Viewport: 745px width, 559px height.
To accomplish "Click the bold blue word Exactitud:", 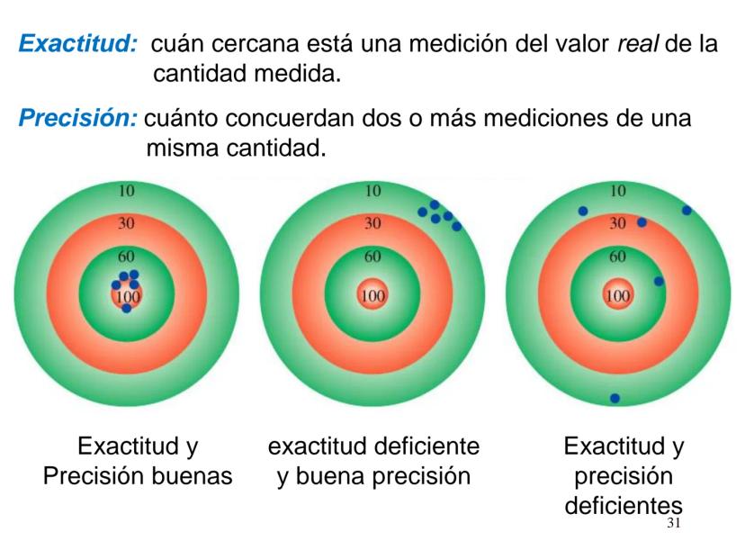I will (x=77, y=43).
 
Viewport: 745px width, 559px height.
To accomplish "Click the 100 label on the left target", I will (x=127, y=294).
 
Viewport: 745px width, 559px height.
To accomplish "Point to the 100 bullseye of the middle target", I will (x=372, y=294).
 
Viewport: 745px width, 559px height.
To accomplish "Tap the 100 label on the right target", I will (x=617, y=294).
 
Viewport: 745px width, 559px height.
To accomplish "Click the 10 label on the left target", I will (x=127, y=191).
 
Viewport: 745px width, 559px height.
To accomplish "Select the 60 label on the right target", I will (x=617, y=256).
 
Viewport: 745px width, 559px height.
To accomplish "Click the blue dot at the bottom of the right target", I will (x=615, y=398).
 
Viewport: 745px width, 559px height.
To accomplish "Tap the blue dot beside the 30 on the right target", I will (x=642, y=222).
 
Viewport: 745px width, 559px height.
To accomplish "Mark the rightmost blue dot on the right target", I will (x=687, y=211).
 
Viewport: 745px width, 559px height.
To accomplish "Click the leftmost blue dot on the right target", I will (x=583, y=212).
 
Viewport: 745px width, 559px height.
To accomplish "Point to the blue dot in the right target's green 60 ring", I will (x=659, y=282).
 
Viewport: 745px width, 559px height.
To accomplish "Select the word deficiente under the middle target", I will (x=421, y=446).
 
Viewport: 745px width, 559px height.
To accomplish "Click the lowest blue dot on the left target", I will (x=127, y=309).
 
